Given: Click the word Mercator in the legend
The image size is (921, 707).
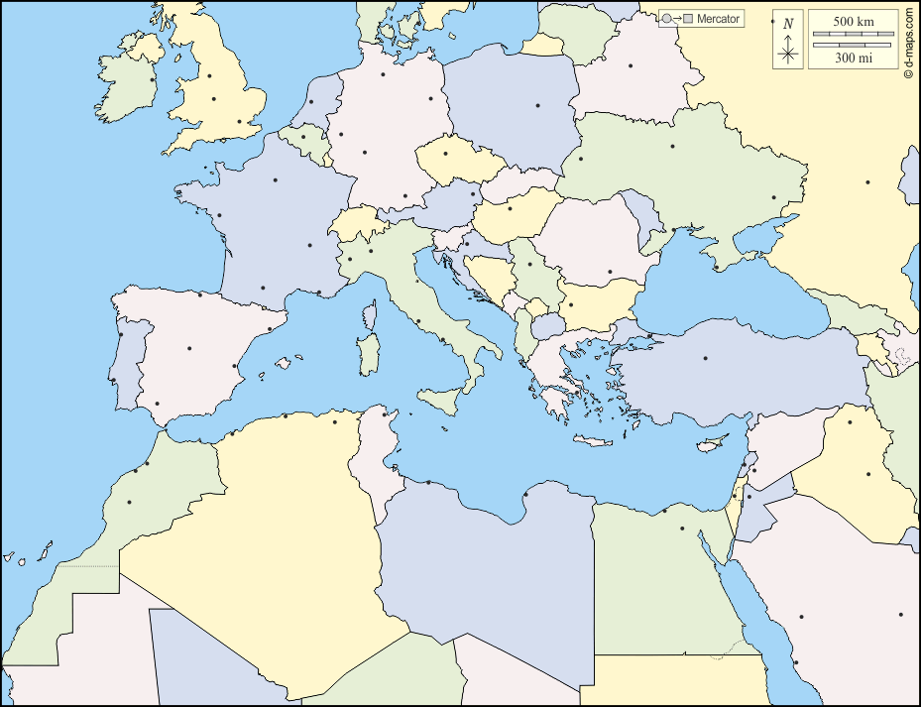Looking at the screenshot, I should point(719,19).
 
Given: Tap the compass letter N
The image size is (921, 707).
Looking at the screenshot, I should point(788,24).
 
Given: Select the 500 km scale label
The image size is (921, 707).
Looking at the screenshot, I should point(852,21).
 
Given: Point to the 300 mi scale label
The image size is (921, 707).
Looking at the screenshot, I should point(852,58).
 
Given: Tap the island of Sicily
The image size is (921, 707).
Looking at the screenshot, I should point(443,400).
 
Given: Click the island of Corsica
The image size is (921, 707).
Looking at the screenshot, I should point(371,316).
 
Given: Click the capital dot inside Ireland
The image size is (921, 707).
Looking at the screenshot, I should point(152,79).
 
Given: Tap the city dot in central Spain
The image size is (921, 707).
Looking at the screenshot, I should point(189,348).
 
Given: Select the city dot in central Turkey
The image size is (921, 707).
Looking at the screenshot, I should point(706,357).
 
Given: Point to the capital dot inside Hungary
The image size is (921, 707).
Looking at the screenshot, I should point(510,208).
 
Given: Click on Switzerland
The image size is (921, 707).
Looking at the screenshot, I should point(357,224).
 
